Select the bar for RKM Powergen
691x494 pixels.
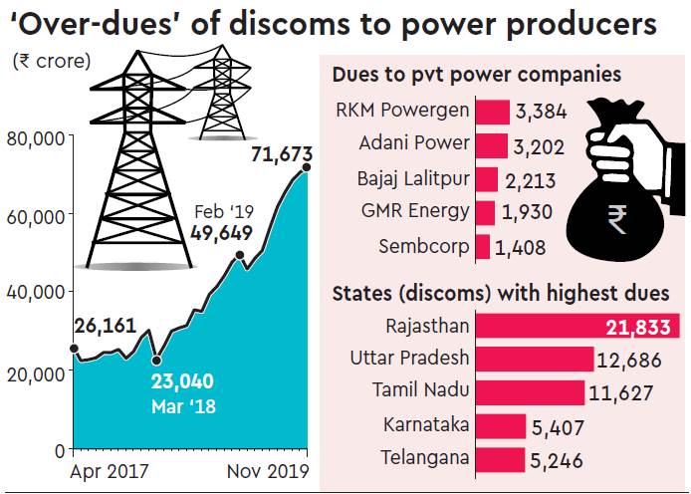[x=493, y=110]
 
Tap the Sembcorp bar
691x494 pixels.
[x=484, y=247]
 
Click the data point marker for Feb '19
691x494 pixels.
[x=240, y=256]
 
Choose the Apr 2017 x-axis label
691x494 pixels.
[x=110, y=469]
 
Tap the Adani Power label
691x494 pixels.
[x=413, y=142]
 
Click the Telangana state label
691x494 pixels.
[x=425, y=458]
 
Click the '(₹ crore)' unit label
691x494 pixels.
[x=51, y=60]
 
